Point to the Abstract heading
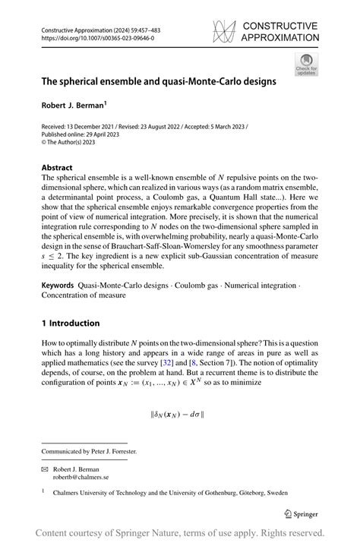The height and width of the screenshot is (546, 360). point(57,167)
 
